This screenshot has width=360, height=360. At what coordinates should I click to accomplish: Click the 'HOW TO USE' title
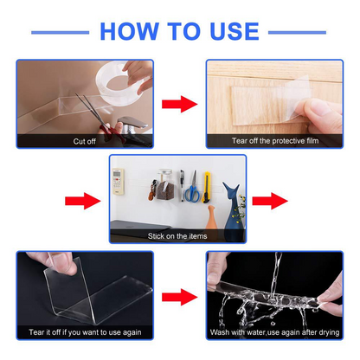(x=179, y=31)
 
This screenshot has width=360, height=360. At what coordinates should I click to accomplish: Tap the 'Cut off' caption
(x=85, y=140)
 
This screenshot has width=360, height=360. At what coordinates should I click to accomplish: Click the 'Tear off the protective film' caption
(x=270, y=140)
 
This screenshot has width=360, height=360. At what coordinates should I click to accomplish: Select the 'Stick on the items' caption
(x=177, y=235)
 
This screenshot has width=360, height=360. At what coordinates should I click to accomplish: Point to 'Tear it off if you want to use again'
(x=84, y=331)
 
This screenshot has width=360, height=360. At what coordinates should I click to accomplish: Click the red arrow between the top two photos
(x=179, y=105)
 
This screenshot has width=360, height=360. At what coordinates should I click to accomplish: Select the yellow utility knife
(x=196, y=186)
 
